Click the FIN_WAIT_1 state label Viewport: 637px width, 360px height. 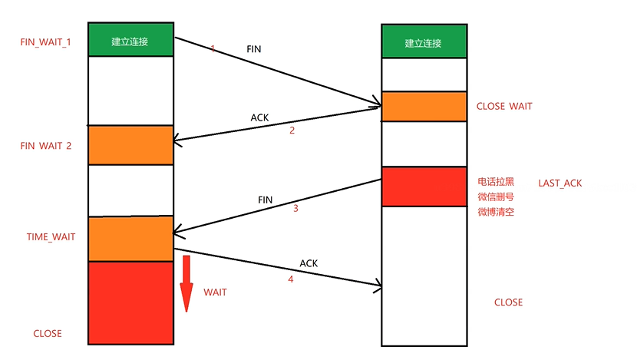coord(45,41)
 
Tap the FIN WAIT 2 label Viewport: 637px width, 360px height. coord(46,145)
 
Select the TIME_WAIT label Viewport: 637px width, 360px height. coord(51,237)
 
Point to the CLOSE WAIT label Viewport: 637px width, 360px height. coord(504,106)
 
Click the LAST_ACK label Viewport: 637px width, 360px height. coord(561,183)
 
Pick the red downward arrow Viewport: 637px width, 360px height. coord(186,285)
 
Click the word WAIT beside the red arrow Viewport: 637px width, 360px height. coord(215,292)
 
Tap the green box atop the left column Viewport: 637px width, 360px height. coord(130,40)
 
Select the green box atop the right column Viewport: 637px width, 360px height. coord(424,41)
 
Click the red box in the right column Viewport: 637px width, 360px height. coord(424,187)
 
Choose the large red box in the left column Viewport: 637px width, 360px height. coord(130,302)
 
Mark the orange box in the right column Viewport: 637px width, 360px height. coord(424,106)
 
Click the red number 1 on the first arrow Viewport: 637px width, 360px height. coord(213,48)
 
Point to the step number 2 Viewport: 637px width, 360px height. coord(292,130)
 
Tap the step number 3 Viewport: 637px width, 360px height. coord(295,208)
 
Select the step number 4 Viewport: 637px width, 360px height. coord(290,279)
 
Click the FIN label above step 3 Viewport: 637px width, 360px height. coord(266,200)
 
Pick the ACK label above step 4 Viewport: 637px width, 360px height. coord(309,263)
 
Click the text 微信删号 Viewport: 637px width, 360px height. coord(496,197)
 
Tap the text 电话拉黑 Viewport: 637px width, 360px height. coord(496,183)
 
